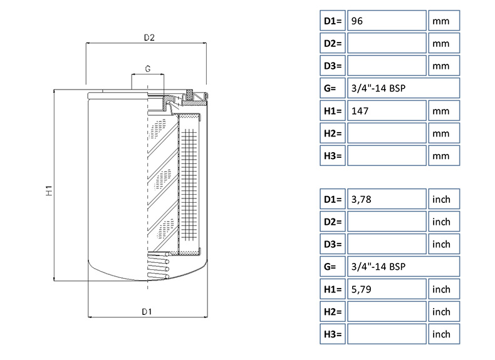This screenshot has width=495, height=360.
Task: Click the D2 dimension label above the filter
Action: pyautogui.click(x=148, y=38)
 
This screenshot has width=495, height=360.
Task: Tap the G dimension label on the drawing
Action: pyautogui.click(x=148, y=68)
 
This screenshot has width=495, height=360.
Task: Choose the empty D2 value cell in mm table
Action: pyautogui.click(x=386, y=43)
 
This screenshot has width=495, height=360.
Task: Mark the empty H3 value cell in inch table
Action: pyautogui.click(x=386, y=334)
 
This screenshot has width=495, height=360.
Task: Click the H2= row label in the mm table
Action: pyautogui.click(x=332, y=133)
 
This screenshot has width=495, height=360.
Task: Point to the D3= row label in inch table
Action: pyautogui.click(x=332, y=244)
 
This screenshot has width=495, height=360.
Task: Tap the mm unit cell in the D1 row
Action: pyautogui.click(x=444, y=21)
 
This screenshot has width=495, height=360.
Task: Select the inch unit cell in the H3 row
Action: pyautogui.click(x=444, y=334)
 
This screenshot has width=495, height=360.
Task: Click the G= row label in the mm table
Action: pyautogui.click(x=332, y=88)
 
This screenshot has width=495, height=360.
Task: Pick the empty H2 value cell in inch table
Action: pyautogui.click(x=386, y=312)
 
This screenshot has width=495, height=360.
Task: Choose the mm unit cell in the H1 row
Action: pyautogui.click(x=444, y=111)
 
